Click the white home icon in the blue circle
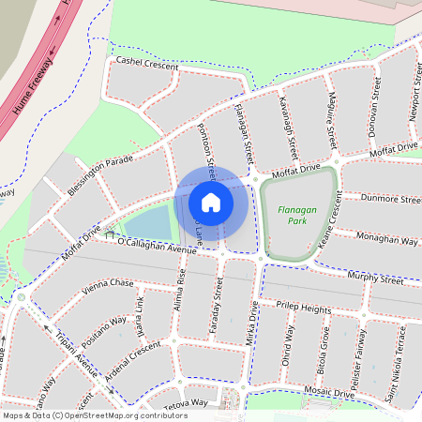(211, 202)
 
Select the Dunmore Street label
(382, 199)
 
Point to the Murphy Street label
(374, 279)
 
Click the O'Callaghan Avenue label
(158, 244)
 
